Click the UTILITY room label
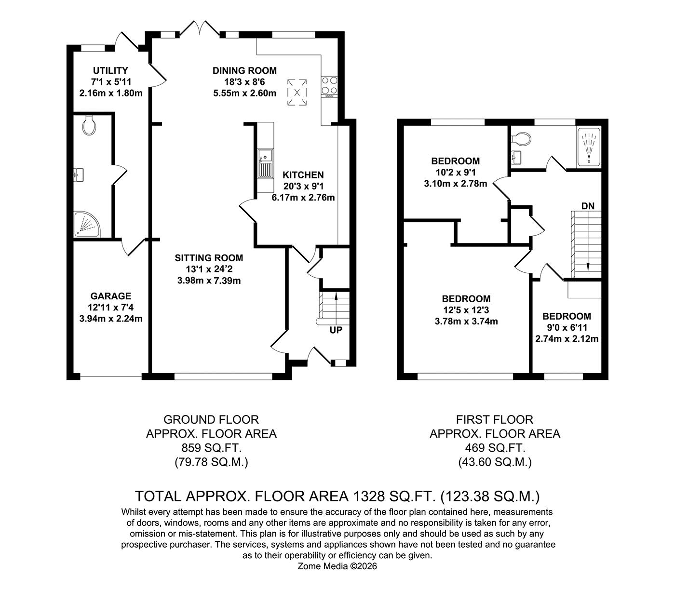110,71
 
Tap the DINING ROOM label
244,71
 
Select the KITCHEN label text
303,175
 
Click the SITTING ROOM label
209,258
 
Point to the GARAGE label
110,296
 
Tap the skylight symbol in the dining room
297,92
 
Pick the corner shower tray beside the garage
87,224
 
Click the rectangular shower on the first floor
589,146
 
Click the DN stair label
588,206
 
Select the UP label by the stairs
336,330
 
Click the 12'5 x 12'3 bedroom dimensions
466,310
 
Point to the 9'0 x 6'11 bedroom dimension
567,328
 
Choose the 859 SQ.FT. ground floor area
211,448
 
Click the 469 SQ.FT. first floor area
495,448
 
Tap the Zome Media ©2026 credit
337,566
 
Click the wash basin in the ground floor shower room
79,174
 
